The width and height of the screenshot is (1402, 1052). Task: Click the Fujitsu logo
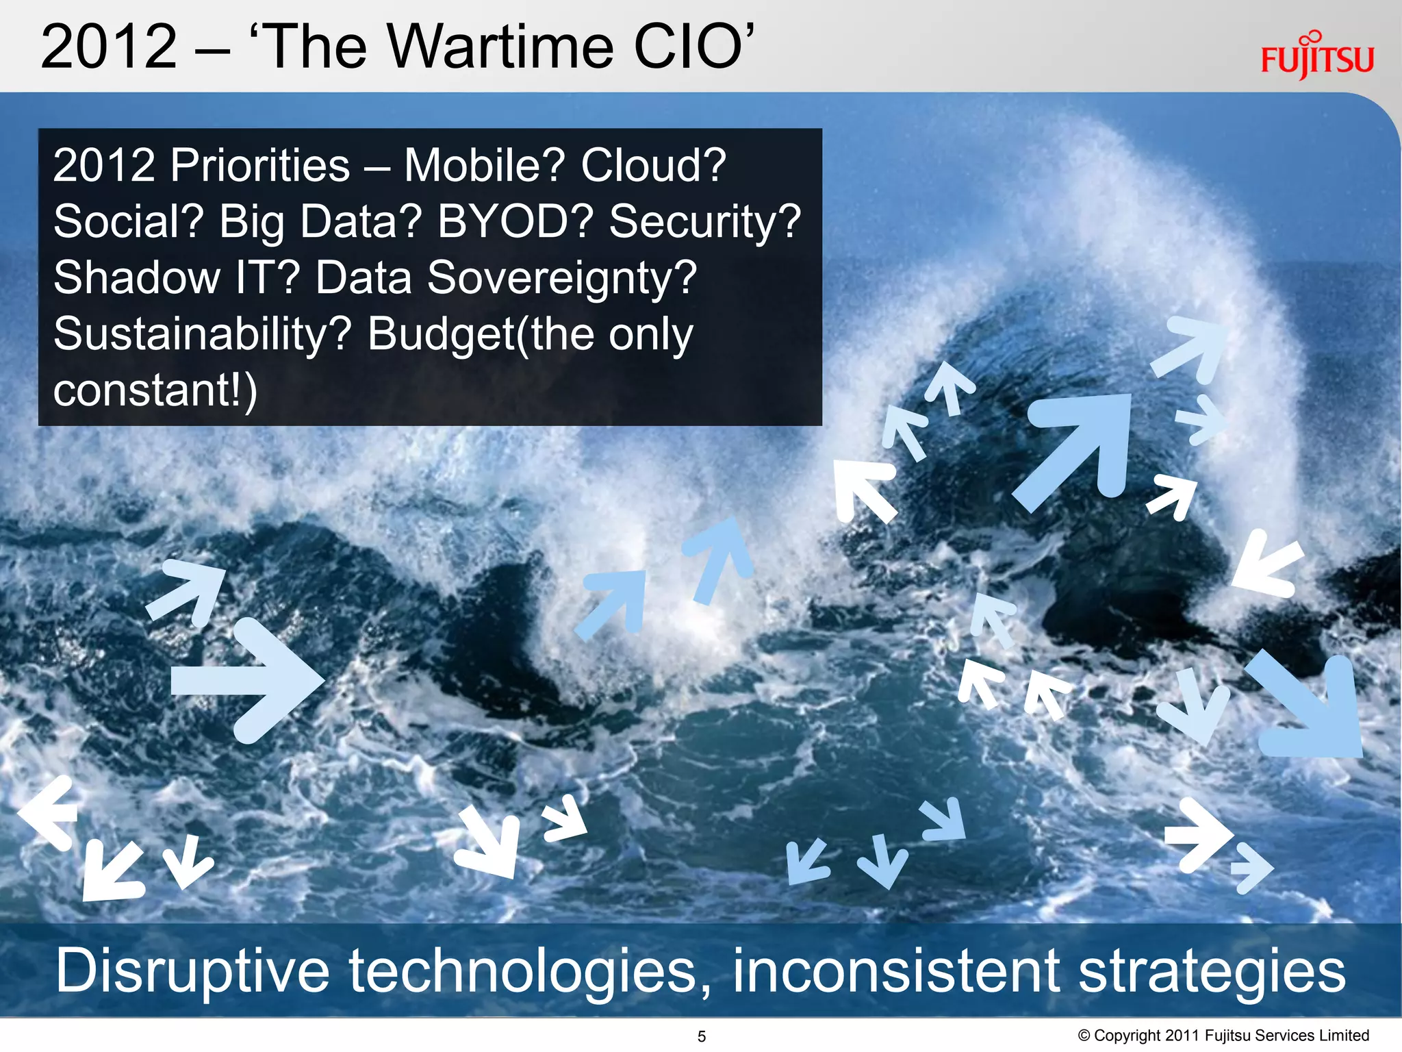tap(1316, 58)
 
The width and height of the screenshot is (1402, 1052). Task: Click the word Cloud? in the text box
tap(653, 166)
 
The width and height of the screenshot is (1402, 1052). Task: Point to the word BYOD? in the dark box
tap(514, 222)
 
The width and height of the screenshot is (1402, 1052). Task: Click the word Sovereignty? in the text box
tap(561, 278)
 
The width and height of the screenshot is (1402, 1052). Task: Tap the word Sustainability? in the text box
tap(203, 336)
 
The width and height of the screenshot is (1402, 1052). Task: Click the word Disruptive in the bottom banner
tap(192, 970)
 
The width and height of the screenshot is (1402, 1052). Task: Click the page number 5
tap(701, 1036)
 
